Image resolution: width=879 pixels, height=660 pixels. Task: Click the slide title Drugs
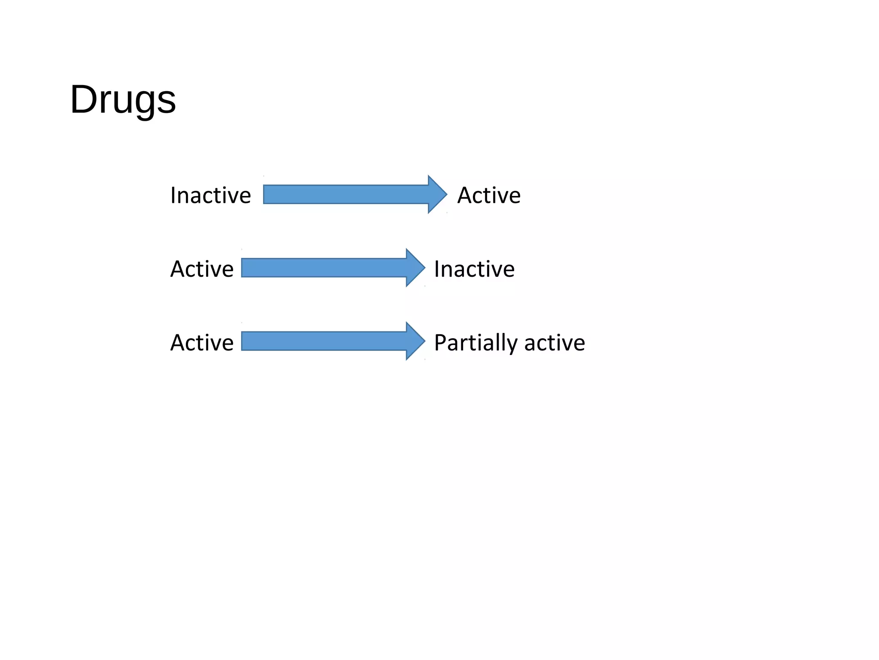pyautogui.click(x=123, y=100)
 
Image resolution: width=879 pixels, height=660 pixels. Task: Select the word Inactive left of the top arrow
pyautogui.click(x=210, y=196)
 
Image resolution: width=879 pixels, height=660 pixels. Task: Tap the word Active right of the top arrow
pyautogui.click(x=488, y=196)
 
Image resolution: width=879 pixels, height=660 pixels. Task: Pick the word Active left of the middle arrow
pyautogui.click(x=202, y=269)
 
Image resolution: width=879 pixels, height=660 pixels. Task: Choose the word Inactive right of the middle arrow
pyautogui.click(x=474, y=269)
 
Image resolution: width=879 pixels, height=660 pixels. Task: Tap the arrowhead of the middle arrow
pyautogui.click(x=415, y=268)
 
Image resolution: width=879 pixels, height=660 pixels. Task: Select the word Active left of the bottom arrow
pyautogui.click(x=202, y=342)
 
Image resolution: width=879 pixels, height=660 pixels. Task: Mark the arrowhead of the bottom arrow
pyautogui.click(x=415, y=341)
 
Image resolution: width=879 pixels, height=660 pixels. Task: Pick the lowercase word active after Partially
pyautogui.click(x=555, y=343)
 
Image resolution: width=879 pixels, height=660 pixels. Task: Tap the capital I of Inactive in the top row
pyautogui.click(x=173, y=196)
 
